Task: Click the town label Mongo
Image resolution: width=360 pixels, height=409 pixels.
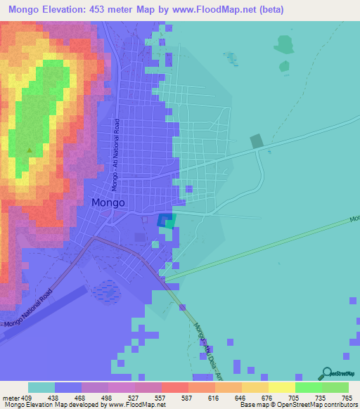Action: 108,202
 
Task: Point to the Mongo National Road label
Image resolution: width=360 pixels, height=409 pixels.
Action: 28,309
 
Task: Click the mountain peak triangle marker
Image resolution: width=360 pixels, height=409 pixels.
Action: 29,150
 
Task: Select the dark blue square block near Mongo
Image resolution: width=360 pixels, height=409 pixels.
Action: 165,221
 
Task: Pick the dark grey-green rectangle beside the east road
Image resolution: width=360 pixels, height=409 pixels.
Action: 257,141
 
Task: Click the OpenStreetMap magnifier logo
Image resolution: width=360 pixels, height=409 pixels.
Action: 326,372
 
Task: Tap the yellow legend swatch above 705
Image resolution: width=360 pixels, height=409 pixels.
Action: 281,387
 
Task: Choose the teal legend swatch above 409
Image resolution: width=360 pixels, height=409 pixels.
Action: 41,387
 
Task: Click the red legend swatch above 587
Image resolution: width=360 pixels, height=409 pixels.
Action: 174,387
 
